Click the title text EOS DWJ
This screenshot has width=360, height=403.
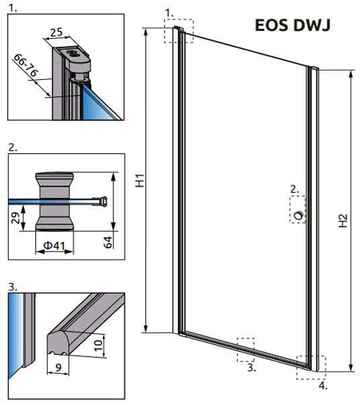pos(292,25)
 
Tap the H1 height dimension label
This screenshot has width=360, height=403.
pos(140,181)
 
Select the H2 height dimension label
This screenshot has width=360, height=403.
pos(343,221)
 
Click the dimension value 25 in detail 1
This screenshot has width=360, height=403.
pos(56,32)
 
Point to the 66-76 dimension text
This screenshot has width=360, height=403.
pos(26,65)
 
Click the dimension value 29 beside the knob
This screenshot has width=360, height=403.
pos(15,218)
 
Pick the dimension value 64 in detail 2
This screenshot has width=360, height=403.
pos(108,242)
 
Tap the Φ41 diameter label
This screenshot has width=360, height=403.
pos(54,246)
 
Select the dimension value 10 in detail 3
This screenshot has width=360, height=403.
pos(98,345)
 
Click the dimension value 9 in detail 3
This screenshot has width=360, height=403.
pos(58,367)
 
